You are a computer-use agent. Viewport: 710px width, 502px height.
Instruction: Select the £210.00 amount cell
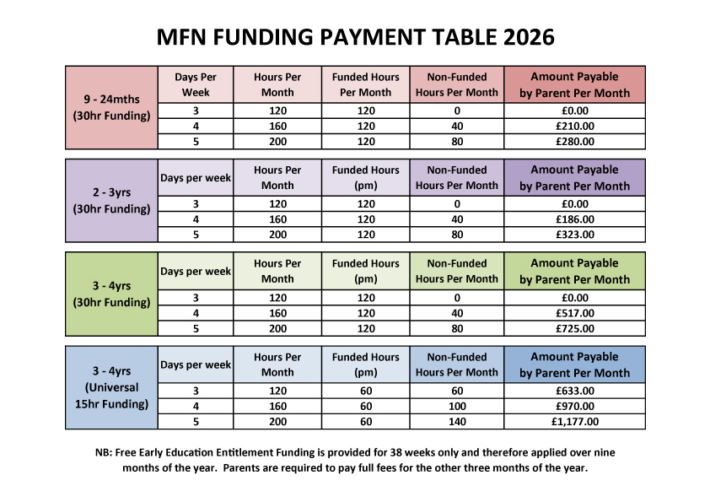(x=574, y=126)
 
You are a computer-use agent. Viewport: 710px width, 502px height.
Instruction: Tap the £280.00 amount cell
(x=574, y=142)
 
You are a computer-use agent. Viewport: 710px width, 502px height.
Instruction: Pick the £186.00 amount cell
(x=574, y=219)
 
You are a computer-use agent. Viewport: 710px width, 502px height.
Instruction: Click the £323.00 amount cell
(x=574, y=235)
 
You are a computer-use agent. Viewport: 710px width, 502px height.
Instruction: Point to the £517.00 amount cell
(x=574, y=313)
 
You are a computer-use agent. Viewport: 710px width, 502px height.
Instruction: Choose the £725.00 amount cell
(x=574, y=329)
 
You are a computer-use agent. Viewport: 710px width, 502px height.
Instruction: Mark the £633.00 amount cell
(x=574, y=391)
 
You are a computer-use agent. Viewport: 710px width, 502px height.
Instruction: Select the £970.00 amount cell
(x=574, y=406)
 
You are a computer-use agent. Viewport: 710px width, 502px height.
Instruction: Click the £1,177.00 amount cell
(x=574, y=422)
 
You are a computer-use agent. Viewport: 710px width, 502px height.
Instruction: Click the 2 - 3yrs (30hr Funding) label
(x=111, y=201)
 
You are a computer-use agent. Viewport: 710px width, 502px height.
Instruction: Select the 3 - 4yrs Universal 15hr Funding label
(x=111, y=387)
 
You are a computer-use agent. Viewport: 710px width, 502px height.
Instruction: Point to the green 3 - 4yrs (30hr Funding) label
(x=111, y=294)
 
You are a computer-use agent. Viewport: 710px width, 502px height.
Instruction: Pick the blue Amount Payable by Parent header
(x=574, y=365)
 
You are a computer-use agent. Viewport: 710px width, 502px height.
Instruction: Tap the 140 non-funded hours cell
(x=457, y=422)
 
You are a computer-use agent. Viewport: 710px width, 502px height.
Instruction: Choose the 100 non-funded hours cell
(x=457, y=406)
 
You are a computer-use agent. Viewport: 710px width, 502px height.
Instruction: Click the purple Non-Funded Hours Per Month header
(x=457, y=178)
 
